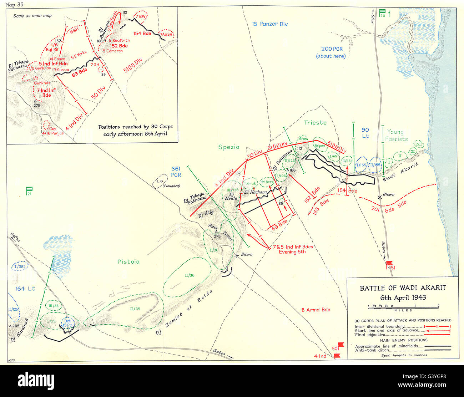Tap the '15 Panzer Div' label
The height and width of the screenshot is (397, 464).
point(269,24)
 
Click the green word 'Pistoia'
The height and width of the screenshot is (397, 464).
point(128,261)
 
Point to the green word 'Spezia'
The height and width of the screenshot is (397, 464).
point(229,147)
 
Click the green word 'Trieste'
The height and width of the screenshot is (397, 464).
point(315,123)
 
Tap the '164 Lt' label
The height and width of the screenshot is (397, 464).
point(25,289)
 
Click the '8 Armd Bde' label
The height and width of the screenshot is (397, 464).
point(315,310)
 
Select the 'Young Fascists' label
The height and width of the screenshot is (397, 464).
point(396,135)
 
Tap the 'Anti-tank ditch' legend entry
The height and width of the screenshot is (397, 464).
point(371,350)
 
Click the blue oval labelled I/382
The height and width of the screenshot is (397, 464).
point(19,266)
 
